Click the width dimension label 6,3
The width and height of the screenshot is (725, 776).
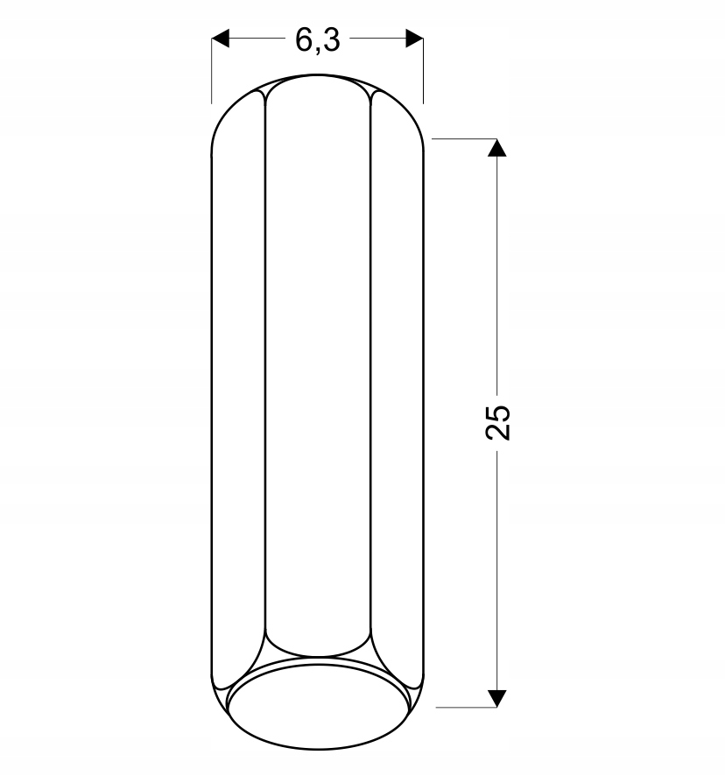(x=318, y=40)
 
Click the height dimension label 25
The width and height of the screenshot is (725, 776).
(x=498, y=422)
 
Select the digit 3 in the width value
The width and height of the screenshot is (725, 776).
(x=332, y=39)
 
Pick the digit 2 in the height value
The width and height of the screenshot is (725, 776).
(x=498, y=432)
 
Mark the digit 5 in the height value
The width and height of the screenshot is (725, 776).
(x=498, y=413)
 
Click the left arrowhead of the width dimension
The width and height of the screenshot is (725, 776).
(x=221, y=39)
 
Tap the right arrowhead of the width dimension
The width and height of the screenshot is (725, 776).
(x=414, y=39)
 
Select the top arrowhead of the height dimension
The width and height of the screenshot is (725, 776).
(x=496, y=147)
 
